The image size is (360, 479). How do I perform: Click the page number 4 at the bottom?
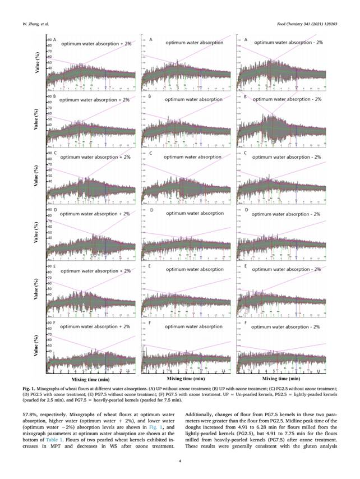[179, 462]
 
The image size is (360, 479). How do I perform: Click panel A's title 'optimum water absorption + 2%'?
[96, 43]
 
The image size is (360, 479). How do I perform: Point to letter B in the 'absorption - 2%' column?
[246, 97]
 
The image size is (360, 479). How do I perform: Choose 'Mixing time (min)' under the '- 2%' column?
[281, 380]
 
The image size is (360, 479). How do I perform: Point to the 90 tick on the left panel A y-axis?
[50, 40]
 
